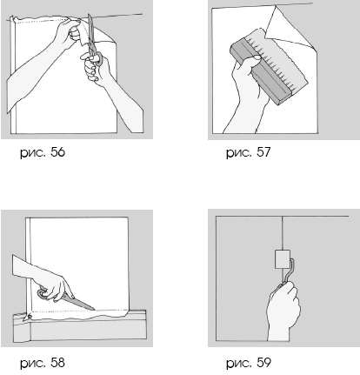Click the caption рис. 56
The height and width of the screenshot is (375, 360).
point(43,152)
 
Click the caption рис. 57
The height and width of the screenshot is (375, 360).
point(249,152)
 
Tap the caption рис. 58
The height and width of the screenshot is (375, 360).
point(43,363)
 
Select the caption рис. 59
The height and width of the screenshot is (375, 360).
point(249,363)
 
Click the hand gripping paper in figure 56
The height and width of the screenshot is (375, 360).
point(70,32)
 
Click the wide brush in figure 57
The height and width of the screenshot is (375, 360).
point(268,67)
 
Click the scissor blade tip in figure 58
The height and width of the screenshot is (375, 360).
point(95,310)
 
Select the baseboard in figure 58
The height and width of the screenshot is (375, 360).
point(80,326)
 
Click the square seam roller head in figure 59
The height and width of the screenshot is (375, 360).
point(282,259)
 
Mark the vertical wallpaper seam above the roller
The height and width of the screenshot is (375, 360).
point(282,233)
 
